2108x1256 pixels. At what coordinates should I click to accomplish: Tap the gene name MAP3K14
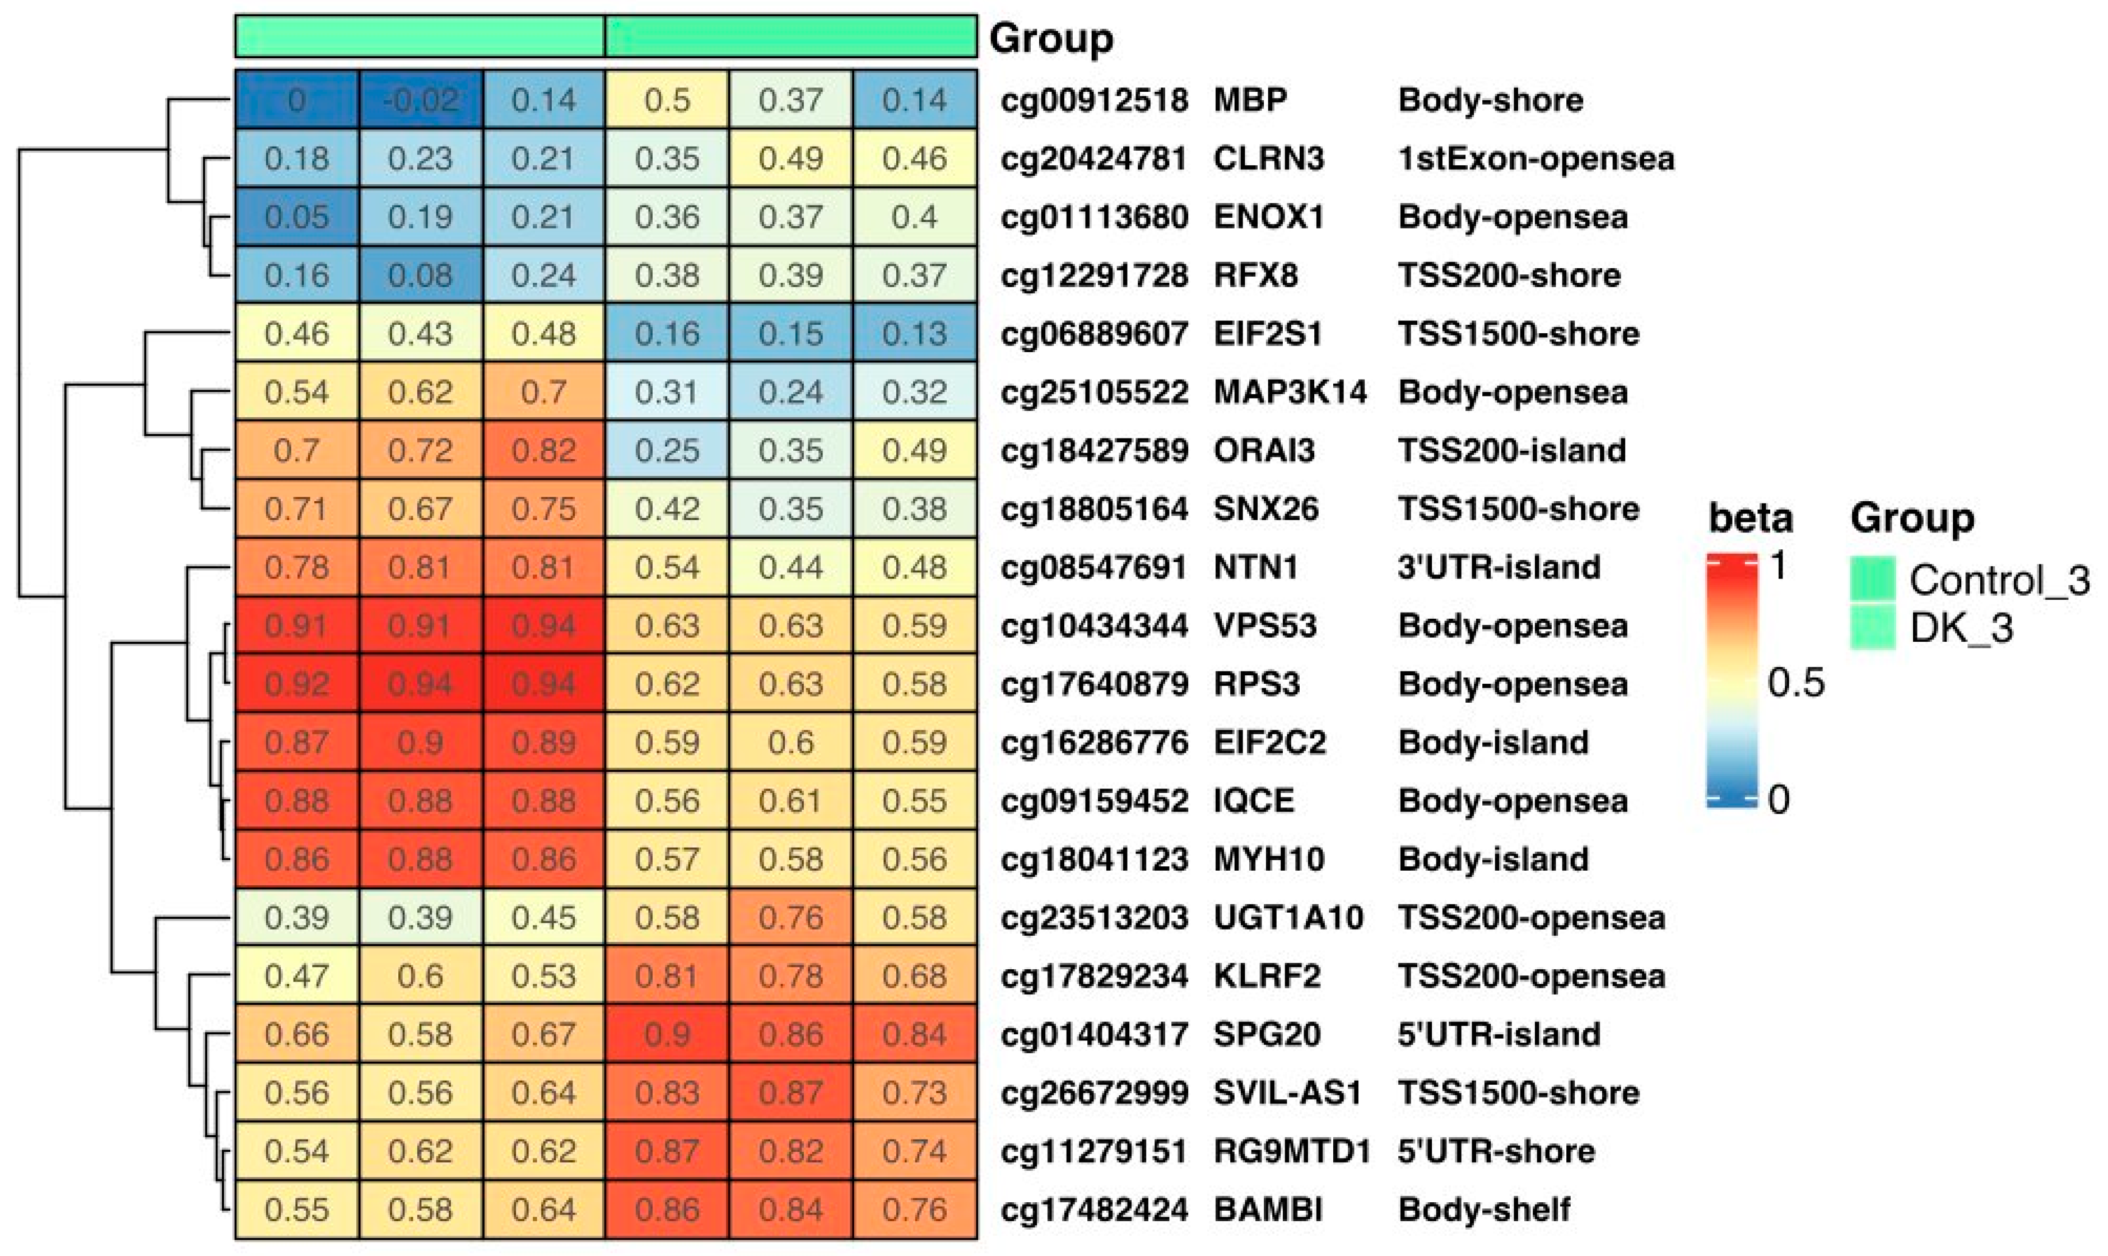(1290, 392)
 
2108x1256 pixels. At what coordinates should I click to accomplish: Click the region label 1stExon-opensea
(1535, 158)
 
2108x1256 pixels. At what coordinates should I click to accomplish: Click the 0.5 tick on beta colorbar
(1795, 682)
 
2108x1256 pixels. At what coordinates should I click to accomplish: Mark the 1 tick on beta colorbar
(1778, 564)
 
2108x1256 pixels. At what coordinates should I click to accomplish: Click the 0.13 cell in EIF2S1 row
(914, 334)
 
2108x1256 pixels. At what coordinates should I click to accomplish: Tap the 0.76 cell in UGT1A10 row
(791, 917)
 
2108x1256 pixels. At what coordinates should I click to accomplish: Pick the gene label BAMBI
(1267, 1210)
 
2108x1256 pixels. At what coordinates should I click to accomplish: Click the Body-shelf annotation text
(1484, 1210)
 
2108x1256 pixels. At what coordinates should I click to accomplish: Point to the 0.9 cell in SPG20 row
(667, 1034)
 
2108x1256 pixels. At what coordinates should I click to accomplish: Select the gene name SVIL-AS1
(1287, 1092)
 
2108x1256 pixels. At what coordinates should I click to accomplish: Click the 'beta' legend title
(1750, 517)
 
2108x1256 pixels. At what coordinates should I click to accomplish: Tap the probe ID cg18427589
(1094, 450)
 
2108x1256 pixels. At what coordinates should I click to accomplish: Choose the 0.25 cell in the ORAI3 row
(667, 450)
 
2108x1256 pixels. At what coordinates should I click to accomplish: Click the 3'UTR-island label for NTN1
(1499, 567)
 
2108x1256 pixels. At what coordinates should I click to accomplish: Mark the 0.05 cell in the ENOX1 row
(296, 217)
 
